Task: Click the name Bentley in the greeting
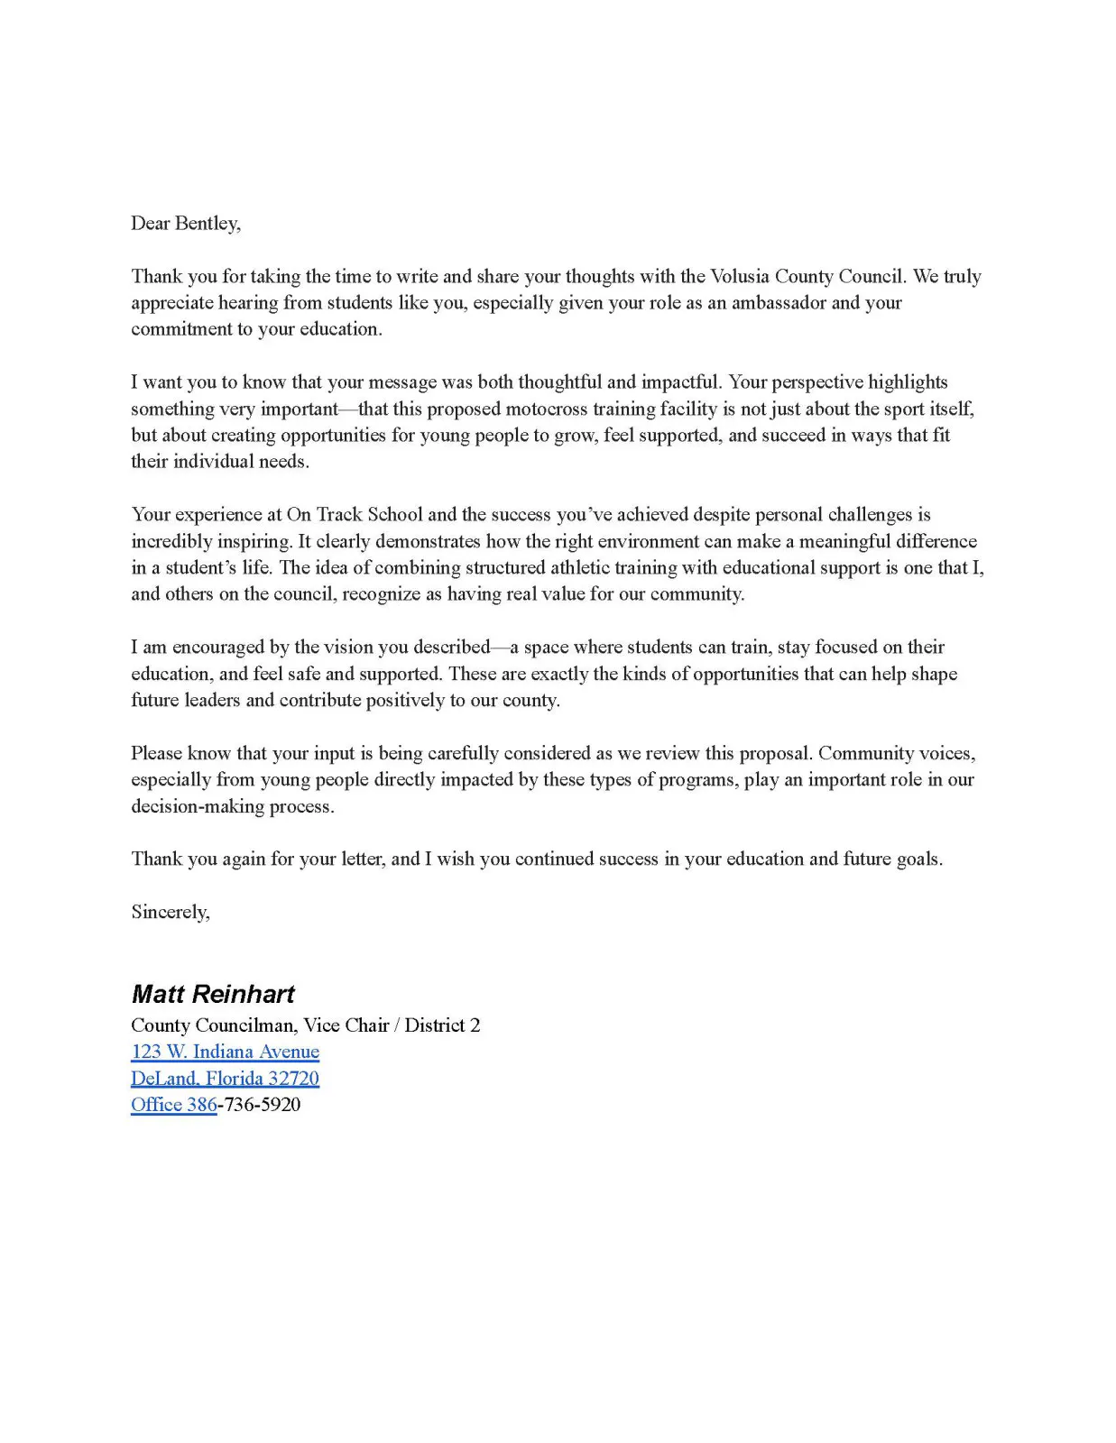[x=207, y=224]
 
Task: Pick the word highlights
[x=908, y=382]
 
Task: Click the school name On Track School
[x=355, y=515]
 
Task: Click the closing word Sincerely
[x=171, y=913]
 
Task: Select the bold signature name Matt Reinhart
[x=213, y=994]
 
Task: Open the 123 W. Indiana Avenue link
[x=225, y=1052]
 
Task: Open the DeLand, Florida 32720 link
[x=225, y=1079]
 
